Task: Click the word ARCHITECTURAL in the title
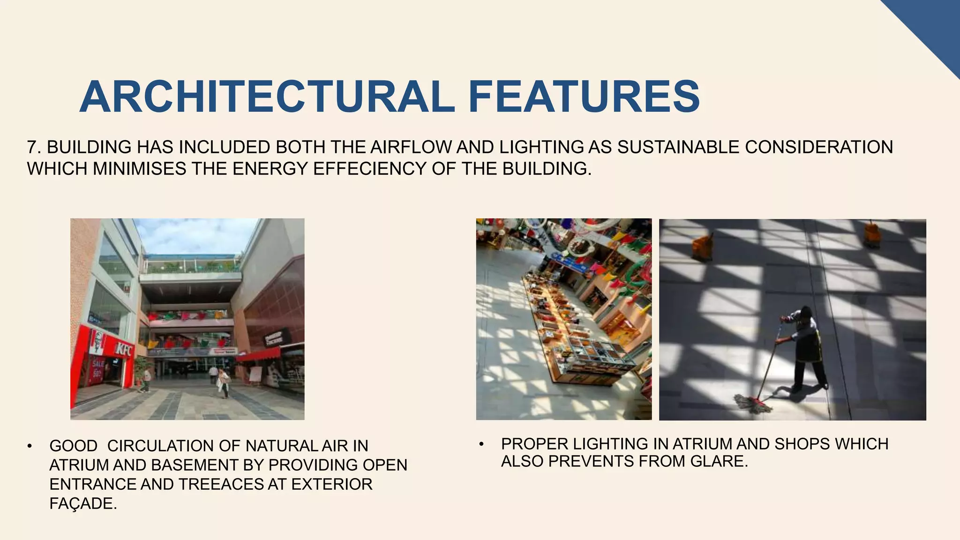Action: coord(267,97)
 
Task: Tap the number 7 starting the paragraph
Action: coord(31,147)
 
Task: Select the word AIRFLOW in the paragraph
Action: coord(411,147)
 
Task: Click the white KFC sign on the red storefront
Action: coord(124,349)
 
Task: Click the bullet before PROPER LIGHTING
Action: coord(481,444)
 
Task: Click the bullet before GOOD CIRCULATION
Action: coord(30,446)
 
